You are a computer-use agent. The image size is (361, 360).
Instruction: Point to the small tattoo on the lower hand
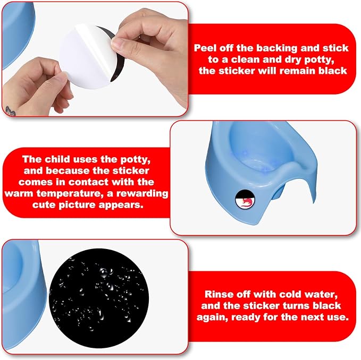(x=10, y=111)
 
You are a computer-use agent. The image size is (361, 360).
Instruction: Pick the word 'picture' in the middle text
(x=77, y=205)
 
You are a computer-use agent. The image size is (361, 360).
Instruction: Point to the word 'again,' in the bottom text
(x=212, y=318)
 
